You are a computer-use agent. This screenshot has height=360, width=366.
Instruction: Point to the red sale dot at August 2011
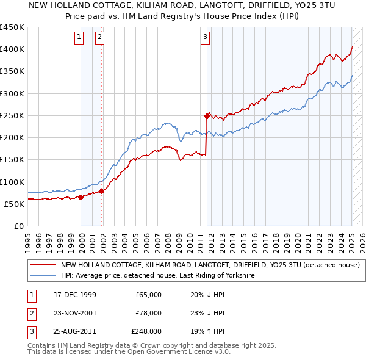(x=207, y=115)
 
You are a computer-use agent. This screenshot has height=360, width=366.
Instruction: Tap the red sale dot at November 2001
(x=102, y=191)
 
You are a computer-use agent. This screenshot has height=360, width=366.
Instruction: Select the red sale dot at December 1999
(x=81, y=197)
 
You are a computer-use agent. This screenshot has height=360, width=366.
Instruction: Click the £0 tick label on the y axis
(x=19, y=226)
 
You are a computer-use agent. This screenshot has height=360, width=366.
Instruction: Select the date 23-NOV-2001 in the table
(x=76, y=313)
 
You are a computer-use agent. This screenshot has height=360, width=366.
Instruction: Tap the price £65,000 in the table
(x=148, y=295)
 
